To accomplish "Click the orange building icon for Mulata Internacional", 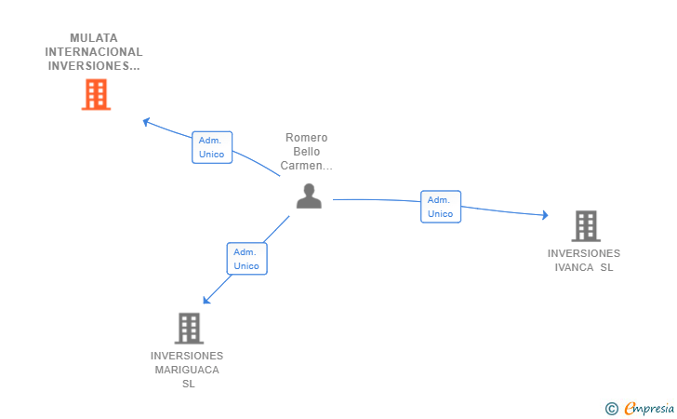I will pos(96,94).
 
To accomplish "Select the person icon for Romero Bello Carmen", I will pos(309,196).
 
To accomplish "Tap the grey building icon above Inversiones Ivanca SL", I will pos(585,225).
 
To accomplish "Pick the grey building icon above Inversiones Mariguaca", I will pos(189,328).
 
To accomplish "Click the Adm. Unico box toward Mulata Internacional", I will pos(212,147).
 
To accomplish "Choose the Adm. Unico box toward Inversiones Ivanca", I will pos(440,207).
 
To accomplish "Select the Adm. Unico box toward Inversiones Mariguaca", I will pos(246,259).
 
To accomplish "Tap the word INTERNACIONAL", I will pos(94,52).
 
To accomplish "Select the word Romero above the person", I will pos(306,138).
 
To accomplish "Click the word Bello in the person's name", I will pos(306,152).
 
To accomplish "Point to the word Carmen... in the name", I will pos(306,166).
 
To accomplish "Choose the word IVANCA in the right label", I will pos(574,267).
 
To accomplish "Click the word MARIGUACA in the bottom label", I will pos(187,370).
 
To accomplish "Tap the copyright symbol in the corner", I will pos(611,408).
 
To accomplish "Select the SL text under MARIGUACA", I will pos(188,384).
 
